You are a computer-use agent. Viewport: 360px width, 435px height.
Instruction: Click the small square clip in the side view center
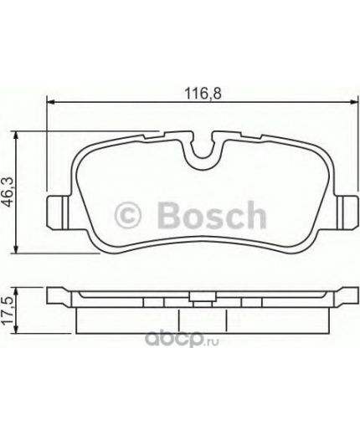[198, 295]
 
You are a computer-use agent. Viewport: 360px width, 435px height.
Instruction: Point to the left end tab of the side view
[57, 296]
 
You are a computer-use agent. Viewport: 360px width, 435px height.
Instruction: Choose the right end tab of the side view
[340, 296]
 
